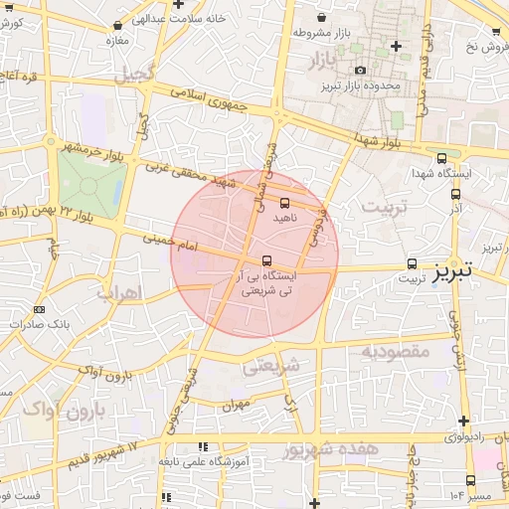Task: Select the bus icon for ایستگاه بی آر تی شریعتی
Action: click(x=251, y=261)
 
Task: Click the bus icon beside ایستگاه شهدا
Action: click(x=441, y=158)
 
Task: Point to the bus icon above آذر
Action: click(x=455, y=195)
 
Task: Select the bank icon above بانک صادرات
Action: click(x=39, y=309)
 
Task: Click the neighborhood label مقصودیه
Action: click(x=394, y=351)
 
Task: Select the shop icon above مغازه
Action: click(x=118, y=26)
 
